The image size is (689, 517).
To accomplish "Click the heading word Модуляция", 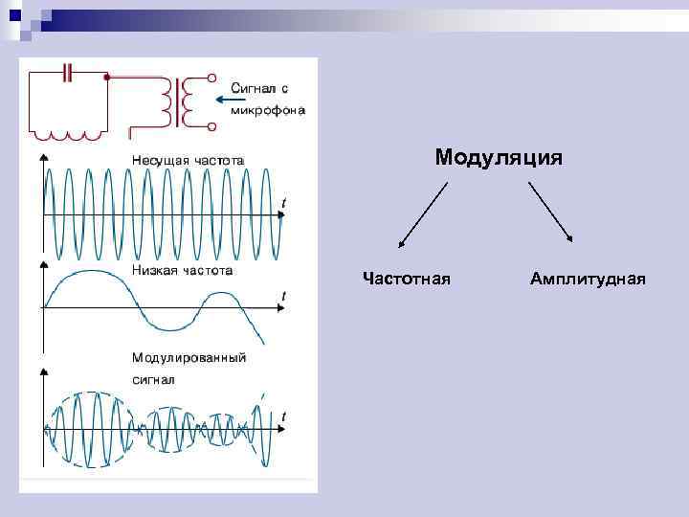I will tap(498, 157).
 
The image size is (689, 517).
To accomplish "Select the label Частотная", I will tap(407, 279).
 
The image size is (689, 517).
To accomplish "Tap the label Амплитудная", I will tap(587, 279).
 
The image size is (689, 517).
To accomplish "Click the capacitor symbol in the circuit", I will tap(66, 72).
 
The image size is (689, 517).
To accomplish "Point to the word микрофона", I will tap(268, 109).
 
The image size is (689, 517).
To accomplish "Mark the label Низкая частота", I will tap(183, 270).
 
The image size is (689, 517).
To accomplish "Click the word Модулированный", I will tap(189, 358).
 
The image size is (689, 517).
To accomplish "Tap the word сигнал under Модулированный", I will tap(153, 379).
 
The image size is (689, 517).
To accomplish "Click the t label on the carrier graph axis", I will tap(284, 203).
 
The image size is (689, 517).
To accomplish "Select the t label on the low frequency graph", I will tap(283, 296).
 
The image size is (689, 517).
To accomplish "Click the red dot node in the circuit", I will tap(106, 76).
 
